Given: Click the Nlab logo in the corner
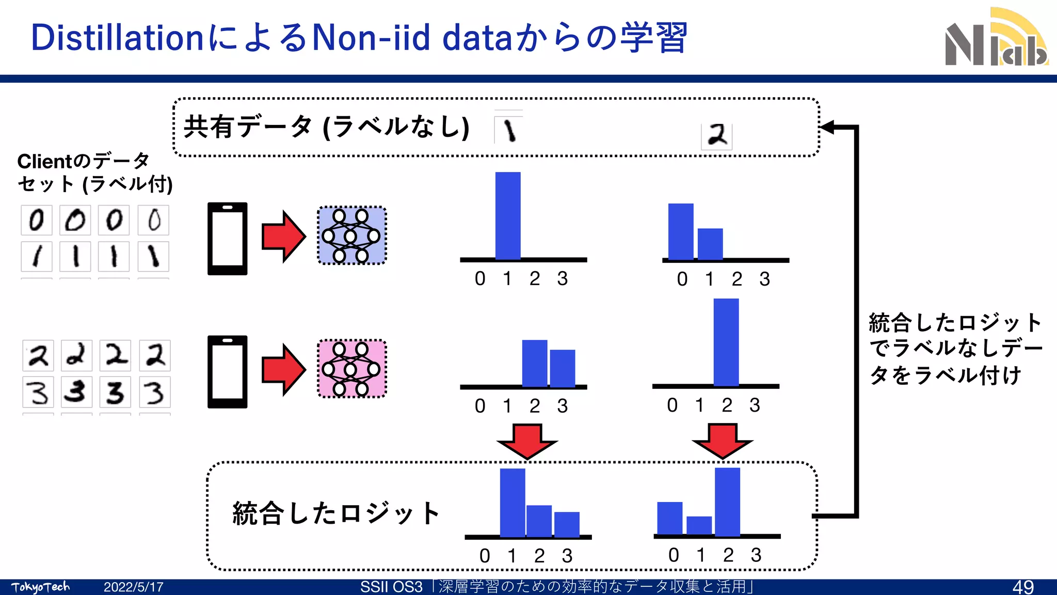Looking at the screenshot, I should (996, 39).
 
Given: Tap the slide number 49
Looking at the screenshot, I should (1022, 587).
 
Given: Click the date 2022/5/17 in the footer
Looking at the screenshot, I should (133, 587).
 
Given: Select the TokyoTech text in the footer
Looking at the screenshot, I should (40, 587).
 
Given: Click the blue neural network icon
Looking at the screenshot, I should (351, 236).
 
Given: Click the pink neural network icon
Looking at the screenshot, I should (351, 369).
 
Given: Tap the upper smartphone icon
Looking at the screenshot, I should (227, 238).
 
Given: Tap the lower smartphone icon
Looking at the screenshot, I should (227, 371).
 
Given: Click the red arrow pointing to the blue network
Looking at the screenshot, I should (283, 237).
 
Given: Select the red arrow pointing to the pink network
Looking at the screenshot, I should (283, 370).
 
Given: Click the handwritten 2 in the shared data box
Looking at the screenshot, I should (716, 136).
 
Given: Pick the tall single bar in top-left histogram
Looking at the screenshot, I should (508, 216).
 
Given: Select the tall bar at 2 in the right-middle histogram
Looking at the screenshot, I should (726, 342).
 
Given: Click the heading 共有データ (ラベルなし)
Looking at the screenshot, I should (326, 127).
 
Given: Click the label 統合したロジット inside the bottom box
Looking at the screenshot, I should (335, 513).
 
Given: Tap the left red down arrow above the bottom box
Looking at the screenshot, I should (527, 441).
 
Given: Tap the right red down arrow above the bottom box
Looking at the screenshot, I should (722, 441).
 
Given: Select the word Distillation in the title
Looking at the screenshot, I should (117, 38).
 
